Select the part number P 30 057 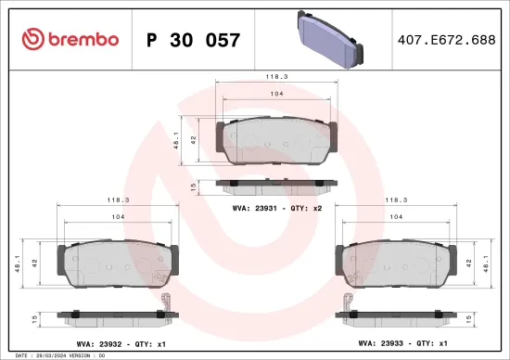coord(194,40)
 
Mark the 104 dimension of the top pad coord(275,96)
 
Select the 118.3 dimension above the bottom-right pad coord(398,199)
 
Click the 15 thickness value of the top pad coord(192,186)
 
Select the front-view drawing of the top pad coord(275,143)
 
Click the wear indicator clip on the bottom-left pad coord(165,301)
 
